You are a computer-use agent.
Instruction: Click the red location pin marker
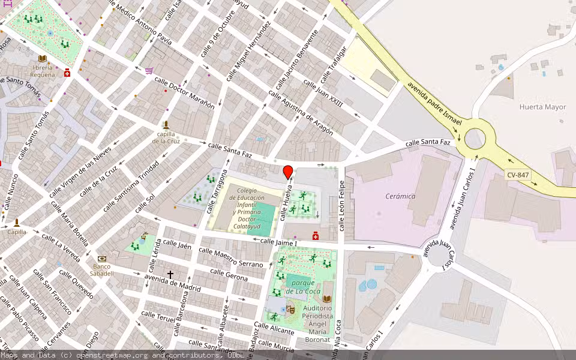pos(288,172)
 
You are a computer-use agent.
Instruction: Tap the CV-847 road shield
pos(518,175)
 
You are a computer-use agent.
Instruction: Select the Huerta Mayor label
pos(542,107)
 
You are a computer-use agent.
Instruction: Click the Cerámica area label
pos(400,196)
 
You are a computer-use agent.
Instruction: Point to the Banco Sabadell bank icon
pos(102,259)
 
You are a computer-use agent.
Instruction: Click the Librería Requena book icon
pos(42,58)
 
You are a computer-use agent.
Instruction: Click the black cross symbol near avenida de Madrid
pos(170,274)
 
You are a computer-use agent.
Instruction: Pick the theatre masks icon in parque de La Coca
pos(290,310)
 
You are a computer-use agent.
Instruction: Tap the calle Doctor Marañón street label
pos(184,92)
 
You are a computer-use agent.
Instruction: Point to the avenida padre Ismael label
pos(434,104)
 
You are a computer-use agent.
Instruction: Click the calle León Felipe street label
pos(342,205)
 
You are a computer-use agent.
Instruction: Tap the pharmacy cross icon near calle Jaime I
pos(316,236)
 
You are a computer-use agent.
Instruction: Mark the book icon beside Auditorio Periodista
pos(327,299)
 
